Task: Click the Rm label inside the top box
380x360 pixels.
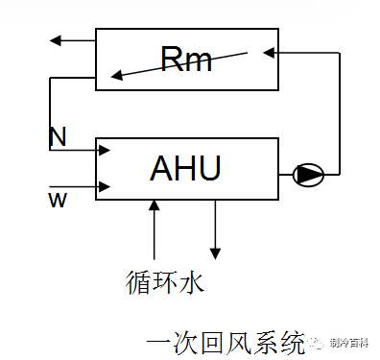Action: click(x=185, y=60)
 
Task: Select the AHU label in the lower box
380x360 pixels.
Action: click(x=186, y=169)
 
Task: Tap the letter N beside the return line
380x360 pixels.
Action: click(x=59, y=137)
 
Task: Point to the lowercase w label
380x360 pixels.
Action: click(x=56, y=198)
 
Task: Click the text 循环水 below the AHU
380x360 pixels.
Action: click(x=165, y=283)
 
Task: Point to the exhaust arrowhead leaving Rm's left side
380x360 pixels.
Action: click(x=56, y=40)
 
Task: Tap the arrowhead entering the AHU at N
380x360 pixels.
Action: click(x=108, y=150)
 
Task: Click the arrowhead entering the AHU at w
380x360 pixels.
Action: click(x=108, y=185)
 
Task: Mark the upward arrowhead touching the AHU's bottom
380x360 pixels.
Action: click(x=154, y=204)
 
